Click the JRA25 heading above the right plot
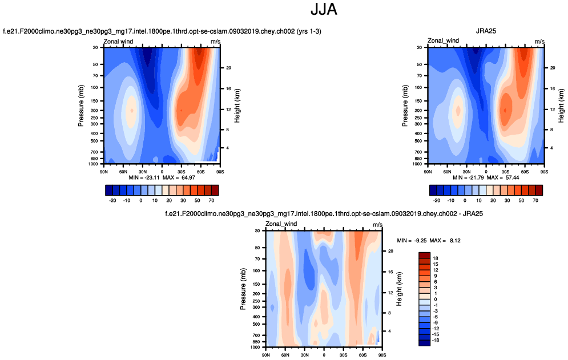[x=486, y=31]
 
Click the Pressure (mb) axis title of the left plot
[x=82, y=106]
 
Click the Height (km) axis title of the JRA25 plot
[x=562, y=106]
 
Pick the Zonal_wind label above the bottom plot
[x=281, y=224]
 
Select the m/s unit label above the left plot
[x=215, y=41]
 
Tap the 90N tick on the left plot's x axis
[x=104, y=171]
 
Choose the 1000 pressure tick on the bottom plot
[x=254, y=347]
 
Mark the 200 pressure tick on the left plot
[x=94, y=110]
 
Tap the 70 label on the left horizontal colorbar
[x=211, y=201]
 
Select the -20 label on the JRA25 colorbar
[x=437, y=201]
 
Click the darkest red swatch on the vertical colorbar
[x=424, y=255]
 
